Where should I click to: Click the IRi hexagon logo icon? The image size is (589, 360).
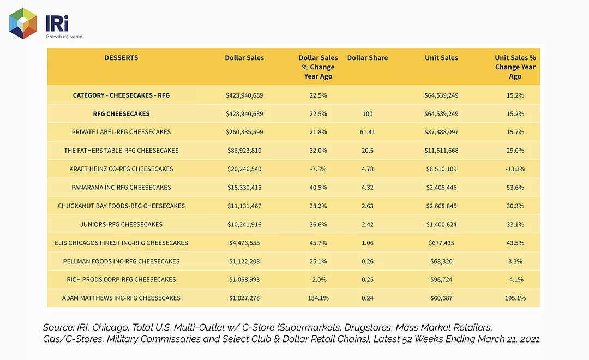click(23, 23)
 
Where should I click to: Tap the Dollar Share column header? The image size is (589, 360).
click(368, 58)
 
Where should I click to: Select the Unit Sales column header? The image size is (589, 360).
click(441, 58)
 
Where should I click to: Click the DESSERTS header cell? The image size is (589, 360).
click(121, 58)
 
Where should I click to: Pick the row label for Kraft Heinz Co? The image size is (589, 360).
click(121, 169)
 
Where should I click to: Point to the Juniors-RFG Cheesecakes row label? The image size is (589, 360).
click(121, 224)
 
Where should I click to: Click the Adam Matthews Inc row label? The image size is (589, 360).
click(121, 298)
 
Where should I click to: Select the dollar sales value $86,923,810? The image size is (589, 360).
click(244, 151)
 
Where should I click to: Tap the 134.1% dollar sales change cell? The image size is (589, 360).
click(318, 298)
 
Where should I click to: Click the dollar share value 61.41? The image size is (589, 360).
click(368, 133)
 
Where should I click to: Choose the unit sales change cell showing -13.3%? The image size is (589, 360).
click(515, 169)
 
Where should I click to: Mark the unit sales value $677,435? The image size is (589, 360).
click(441, 243)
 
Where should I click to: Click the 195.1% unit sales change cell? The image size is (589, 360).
click(515, 298)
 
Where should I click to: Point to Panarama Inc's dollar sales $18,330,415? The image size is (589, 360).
click(244, 188)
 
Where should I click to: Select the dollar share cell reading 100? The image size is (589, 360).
click(368, 114)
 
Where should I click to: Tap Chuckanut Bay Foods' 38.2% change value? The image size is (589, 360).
click(318, 206)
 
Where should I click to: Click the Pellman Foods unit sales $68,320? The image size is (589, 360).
click(441, 261)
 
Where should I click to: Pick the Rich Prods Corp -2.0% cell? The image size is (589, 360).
click(318, 280)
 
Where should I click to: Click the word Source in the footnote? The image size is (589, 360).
click(58, 327)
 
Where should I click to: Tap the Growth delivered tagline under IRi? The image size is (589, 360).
click(64, 37)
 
